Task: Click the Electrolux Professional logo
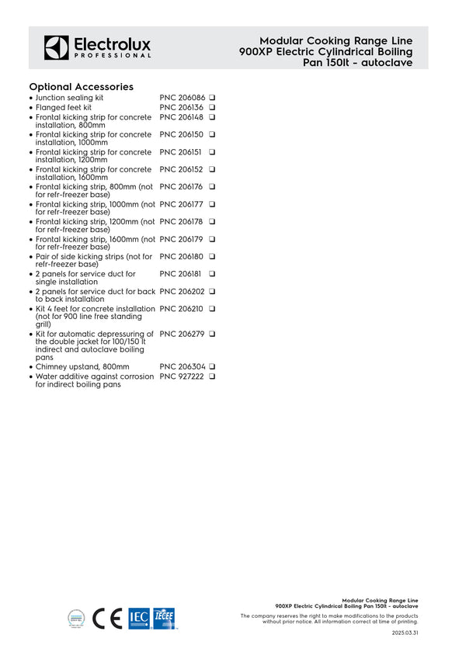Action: pos(97,47)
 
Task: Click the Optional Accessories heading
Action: pos(81,86)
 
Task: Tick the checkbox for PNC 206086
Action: pos(211,98)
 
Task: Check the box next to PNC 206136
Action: pos(211,107)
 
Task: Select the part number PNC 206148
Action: pos(181,117)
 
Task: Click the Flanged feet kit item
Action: pos(64,107)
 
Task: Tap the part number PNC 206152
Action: pos(181,169)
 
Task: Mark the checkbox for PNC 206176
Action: pos(211,187)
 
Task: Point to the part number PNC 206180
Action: pos(181,256)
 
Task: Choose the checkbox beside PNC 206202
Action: pos(211,292)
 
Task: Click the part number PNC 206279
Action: pos(181,334)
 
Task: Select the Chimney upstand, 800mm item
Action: pos(82,366)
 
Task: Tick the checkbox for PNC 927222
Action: pos(211,376)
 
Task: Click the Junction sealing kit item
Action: pos(69,98)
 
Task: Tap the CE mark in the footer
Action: pos(107,618)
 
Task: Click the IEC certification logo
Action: pos(139,618)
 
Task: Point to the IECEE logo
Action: pos(164,618)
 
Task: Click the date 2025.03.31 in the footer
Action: pos(405,633)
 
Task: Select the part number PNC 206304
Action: pos(181,366)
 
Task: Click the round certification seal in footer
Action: pos(78,618)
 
